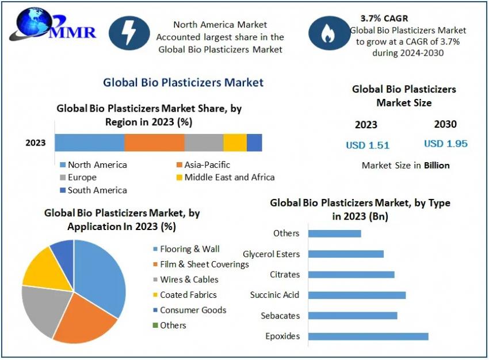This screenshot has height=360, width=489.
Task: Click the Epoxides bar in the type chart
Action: tap(368, 336)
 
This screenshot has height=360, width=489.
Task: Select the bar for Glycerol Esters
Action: tap(346, 254)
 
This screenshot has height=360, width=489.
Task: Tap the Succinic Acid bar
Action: tap(357, 295)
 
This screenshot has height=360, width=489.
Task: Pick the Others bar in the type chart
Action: tap(334, 233)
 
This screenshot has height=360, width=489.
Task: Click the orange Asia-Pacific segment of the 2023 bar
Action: tap(154, 143)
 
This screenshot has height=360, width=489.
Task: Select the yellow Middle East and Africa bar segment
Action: tap(235, 143)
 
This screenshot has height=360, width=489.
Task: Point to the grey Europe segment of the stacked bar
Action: tap(204, 143)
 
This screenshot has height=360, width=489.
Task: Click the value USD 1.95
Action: tap(446, 144)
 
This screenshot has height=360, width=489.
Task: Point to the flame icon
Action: tap(328, 33)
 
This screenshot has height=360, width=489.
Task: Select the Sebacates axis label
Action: tap(280, 316)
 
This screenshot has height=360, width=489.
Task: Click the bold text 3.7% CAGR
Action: tap(384, 18)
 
